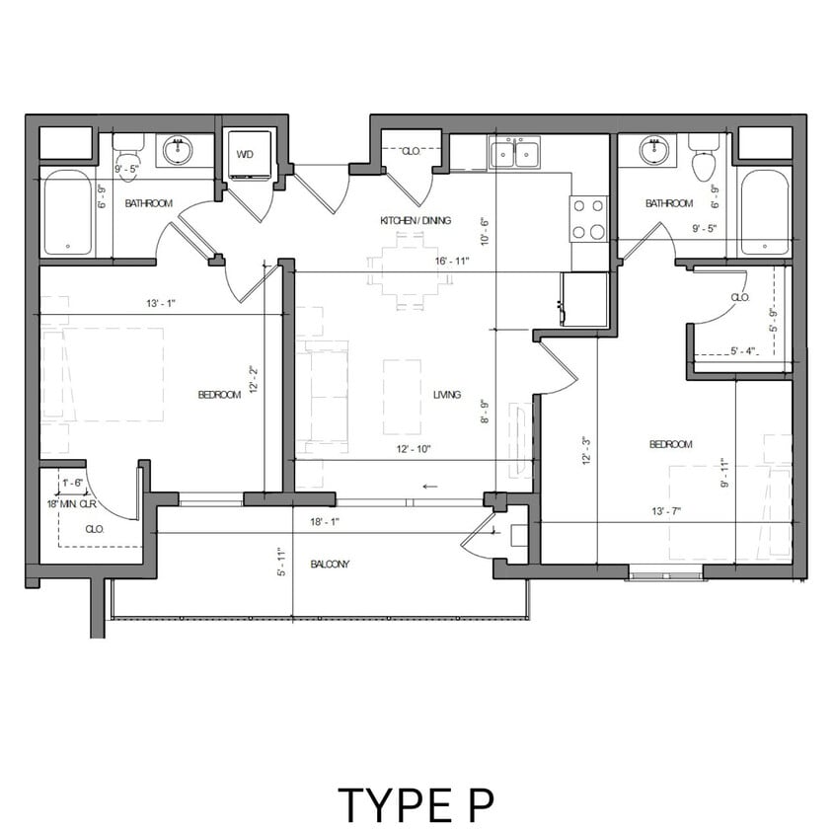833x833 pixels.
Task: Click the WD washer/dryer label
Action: pyautogui.click(x=243, y=154)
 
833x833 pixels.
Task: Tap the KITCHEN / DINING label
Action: pyautogui.click(x=416, y=220)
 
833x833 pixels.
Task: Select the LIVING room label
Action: pyautogui.click(x=446, y=395)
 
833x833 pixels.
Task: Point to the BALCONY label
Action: pyautogui.click(x=330, y=565)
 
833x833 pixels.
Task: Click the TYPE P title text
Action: pyautogui.click(x=415, y=804)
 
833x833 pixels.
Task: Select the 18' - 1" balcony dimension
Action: pyautogui.click(x=325, y=522)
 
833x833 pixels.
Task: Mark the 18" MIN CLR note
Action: pyautogui.click(x=72, y=504)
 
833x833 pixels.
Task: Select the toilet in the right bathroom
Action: pyautogui.click(x=703, y=161)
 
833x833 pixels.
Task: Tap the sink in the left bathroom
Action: pyautogui.click(x=178, y=151)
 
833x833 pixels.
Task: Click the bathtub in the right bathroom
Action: pyautogui.click(x=764, y=211)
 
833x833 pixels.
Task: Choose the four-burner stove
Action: pyautogui.click(x=588, y=218)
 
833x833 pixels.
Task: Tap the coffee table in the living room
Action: pyautogui.click(x=402, y=396)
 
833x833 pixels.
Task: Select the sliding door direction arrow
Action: pyautogui.click(x=429, y=486)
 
